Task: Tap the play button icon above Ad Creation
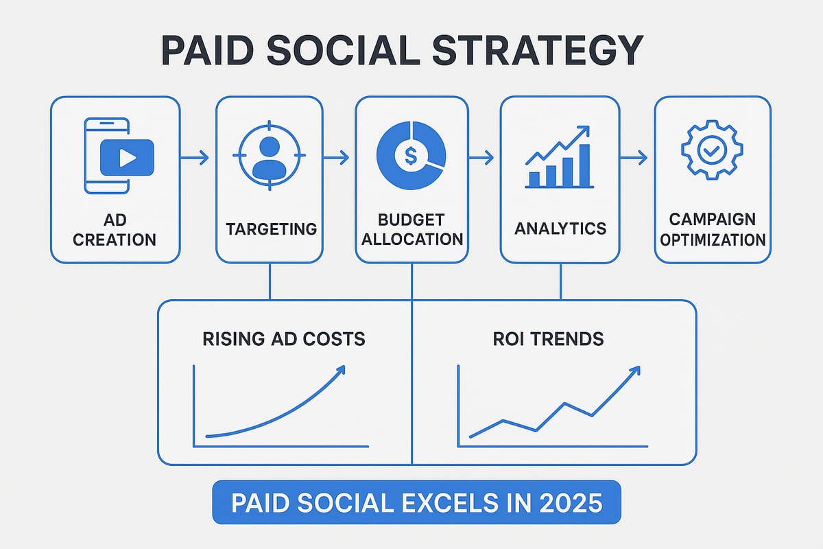click(127, 158)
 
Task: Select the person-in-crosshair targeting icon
click(269, 156)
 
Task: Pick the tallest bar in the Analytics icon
click(584, 165)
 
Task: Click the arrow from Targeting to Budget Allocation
click(336, 159)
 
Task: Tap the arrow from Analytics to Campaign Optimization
click(633, 159)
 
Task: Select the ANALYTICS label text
click(560, 229)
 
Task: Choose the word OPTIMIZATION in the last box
click(713, 240)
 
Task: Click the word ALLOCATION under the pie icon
click(411, 240)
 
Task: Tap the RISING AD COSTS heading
click(284, 338)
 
